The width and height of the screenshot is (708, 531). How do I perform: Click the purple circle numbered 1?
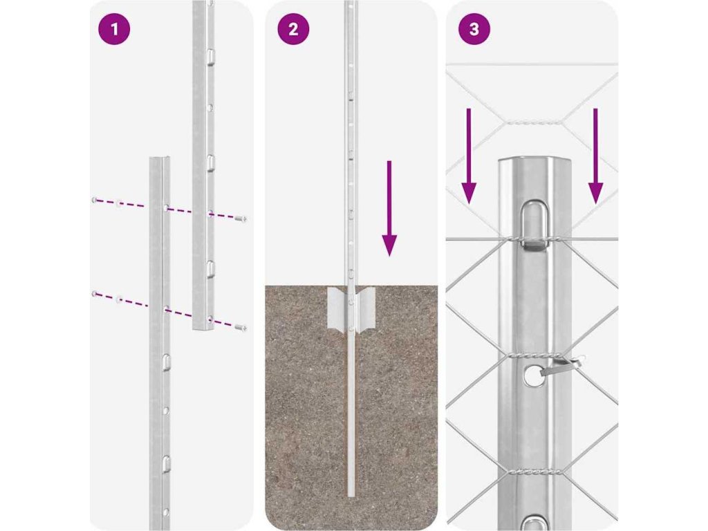click(114, 29)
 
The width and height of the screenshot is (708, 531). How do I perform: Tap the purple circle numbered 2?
click(293, 29)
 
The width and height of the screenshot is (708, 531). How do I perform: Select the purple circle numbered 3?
click(474, 29)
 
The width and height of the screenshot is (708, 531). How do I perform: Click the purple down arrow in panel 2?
click(389, 208)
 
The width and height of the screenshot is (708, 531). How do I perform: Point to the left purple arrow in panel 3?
click(469, 156)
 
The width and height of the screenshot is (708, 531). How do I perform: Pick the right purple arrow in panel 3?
click(595, 156)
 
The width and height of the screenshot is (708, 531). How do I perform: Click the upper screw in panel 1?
click(241, 219)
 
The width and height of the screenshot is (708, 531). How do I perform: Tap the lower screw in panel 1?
click(241, 327)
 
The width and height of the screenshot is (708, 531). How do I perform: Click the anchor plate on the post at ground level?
click(351, 309)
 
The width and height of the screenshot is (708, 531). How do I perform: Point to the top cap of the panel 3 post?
click(534, 163)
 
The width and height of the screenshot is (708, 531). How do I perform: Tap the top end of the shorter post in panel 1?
click(160, 159)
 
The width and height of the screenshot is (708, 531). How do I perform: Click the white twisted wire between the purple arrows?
click(533, 122)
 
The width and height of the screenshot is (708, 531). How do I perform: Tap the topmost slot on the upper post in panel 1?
click(210, 56)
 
